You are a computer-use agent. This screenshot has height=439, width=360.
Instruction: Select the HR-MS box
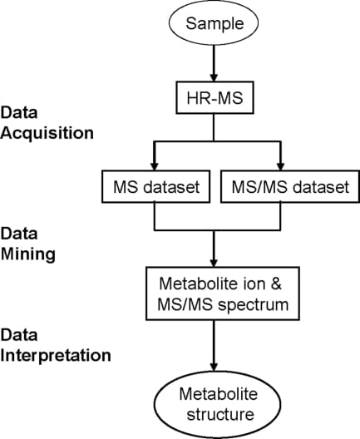[x=215, y=100]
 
